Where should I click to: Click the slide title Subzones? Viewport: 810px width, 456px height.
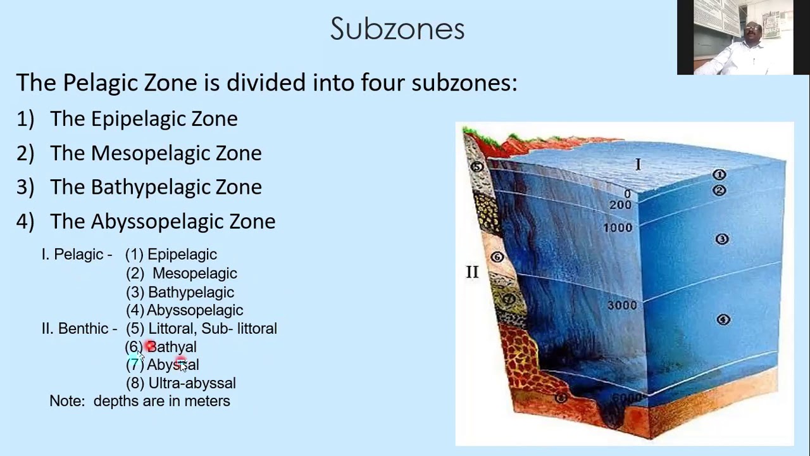397,28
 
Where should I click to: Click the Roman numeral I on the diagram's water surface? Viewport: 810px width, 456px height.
638,165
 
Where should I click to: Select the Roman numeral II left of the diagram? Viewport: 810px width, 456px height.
472,272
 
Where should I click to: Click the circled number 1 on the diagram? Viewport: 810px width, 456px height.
719,174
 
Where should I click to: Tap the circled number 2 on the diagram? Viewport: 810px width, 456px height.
719,190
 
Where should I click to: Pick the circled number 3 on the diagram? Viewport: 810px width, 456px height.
721,239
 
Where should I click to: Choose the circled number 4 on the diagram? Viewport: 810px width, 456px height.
723,319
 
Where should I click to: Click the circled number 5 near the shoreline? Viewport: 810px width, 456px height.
477,167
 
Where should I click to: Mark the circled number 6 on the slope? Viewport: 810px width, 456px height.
497,257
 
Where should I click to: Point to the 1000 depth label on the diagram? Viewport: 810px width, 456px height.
617,227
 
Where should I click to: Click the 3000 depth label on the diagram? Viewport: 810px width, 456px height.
621,305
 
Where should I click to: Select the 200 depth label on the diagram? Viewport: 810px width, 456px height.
620,205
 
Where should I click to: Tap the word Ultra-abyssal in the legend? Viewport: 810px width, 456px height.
192,383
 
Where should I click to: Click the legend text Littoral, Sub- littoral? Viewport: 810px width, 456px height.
212,329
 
